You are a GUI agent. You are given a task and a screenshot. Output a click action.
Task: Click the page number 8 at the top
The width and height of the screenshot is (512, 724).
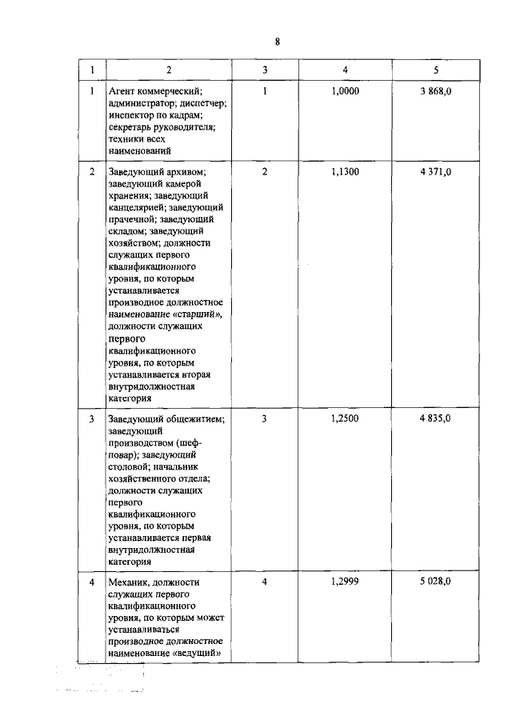[277, 41]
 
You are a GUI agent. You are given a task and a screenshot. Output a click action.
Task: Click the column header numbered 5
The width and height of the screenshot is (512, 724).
[435, 70]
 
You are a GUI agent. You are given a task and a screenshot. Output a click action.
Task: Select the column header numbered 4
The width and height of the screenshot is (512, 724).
[345, 70]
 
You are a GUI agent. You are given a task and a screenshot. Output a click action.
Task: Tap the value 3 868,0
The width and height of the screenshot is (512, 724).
[435, 92]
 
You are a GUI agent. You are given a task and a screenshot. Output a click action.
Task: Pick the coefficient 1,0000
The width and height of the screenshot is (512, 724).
[345, 92]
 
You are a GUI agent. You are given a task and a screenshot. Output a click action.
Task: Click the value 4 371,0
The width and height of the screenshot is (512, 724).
[435, 172]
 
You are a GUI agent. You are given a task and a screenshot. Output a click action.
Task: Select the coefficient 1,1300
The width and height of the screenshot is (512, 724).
[345, 172]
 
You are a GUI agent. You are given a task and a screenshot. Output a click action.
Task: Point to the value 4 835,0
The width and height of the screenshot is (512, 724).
[435, 418]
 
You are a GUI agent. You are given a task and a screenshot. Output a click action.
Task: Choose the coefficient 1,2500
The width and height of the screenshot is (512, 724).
[345, 418]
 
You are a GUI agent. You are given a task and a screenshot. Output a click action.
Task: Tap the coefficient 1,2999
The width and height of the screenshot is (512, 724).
[345, 582]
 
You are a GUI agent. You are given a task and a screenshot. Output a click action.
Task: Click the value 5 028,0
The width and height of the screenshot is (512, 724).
[435, 582]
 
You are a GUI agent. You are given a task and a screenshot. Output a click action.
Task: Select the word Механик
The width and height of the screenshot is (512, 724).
[129, 582]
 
